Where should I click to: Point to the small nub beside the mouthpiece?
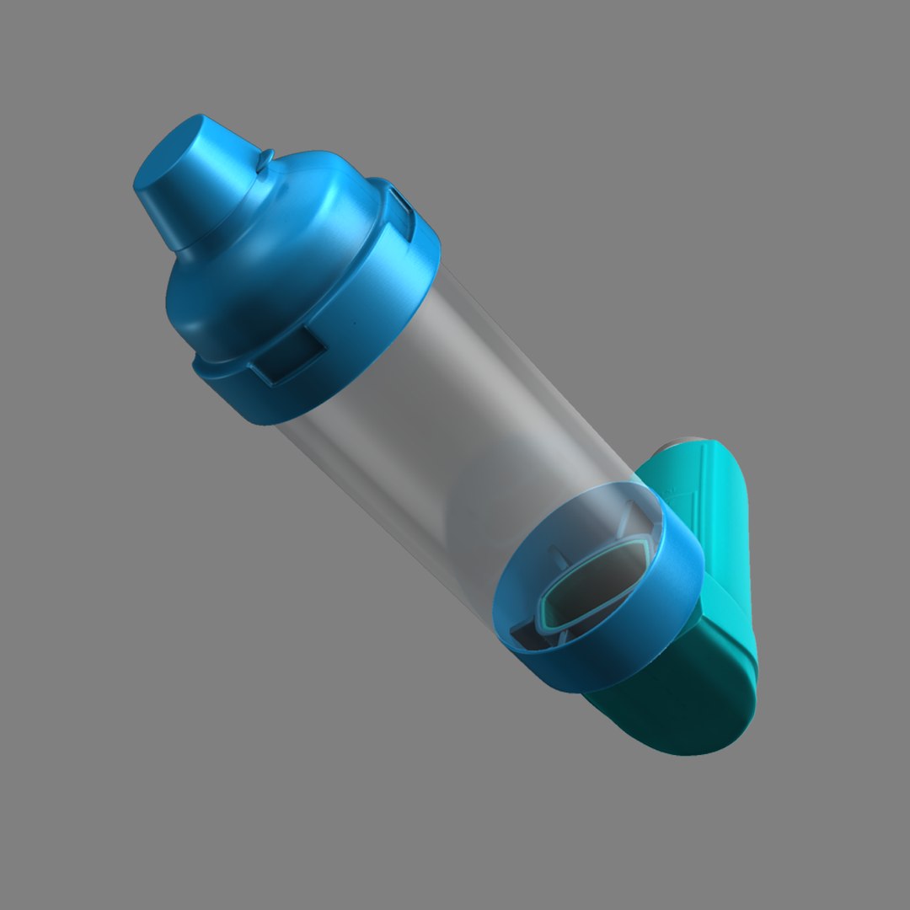tap(266, 157)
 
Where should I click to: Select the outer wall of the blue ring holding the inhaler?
tap(640, 640)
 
